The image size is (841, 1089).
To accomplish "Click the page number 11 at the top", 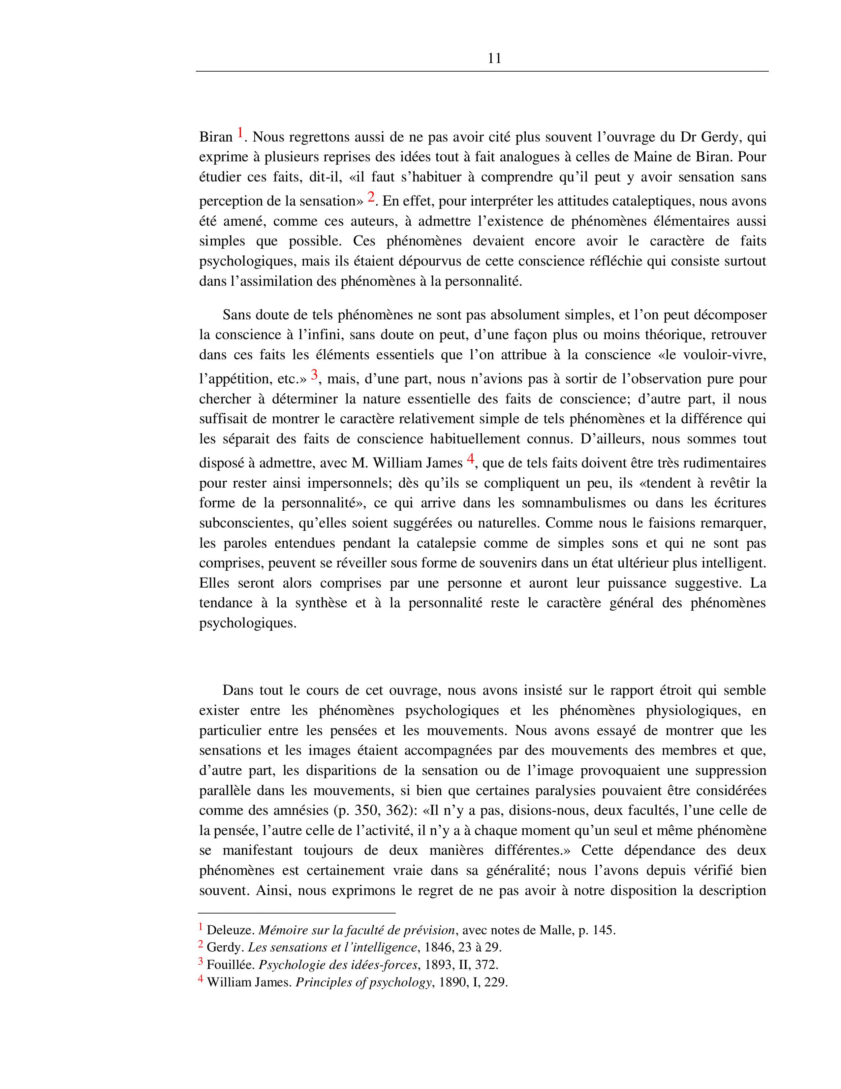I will [x=494, y=59].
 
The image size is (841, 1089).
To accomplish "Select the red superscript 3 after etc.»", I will [x=314, y=374].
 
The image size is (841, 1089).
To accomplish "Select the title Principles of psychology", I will [x=363, y=982].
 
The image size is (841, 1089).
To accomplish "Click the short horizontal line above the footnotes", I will [x=296, y=913].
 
